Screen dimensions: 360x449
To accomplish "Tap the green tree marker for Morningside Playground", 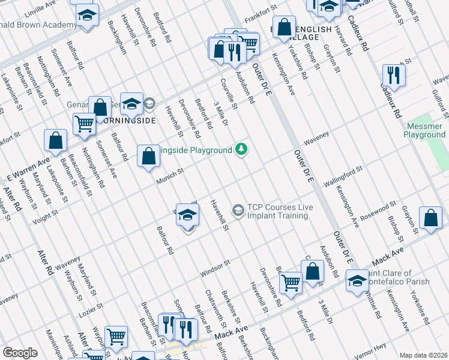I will pyautogui.click(x=241, y=148).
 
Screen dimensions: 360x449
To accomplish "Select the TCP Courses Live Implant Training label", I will pyautogui.click(x=280, y=211).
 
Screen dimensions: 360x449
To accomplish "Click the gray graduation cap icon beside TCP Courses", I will pyautogui.click(x=238, y=210).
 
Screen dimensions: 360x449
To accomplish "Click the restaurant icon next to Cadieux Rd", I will pyautogui.click(x=394, y=75).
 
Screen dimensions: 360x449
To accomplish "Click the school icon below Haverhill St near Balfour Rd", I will pyautogui.click(x=188, y=216).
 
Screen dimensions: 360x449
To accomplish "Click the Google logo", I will pyautogui.click(x=20, y=353).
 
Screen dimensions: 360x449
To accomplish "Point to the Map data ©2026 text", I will pyautogui.click(x=423, y=355).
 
